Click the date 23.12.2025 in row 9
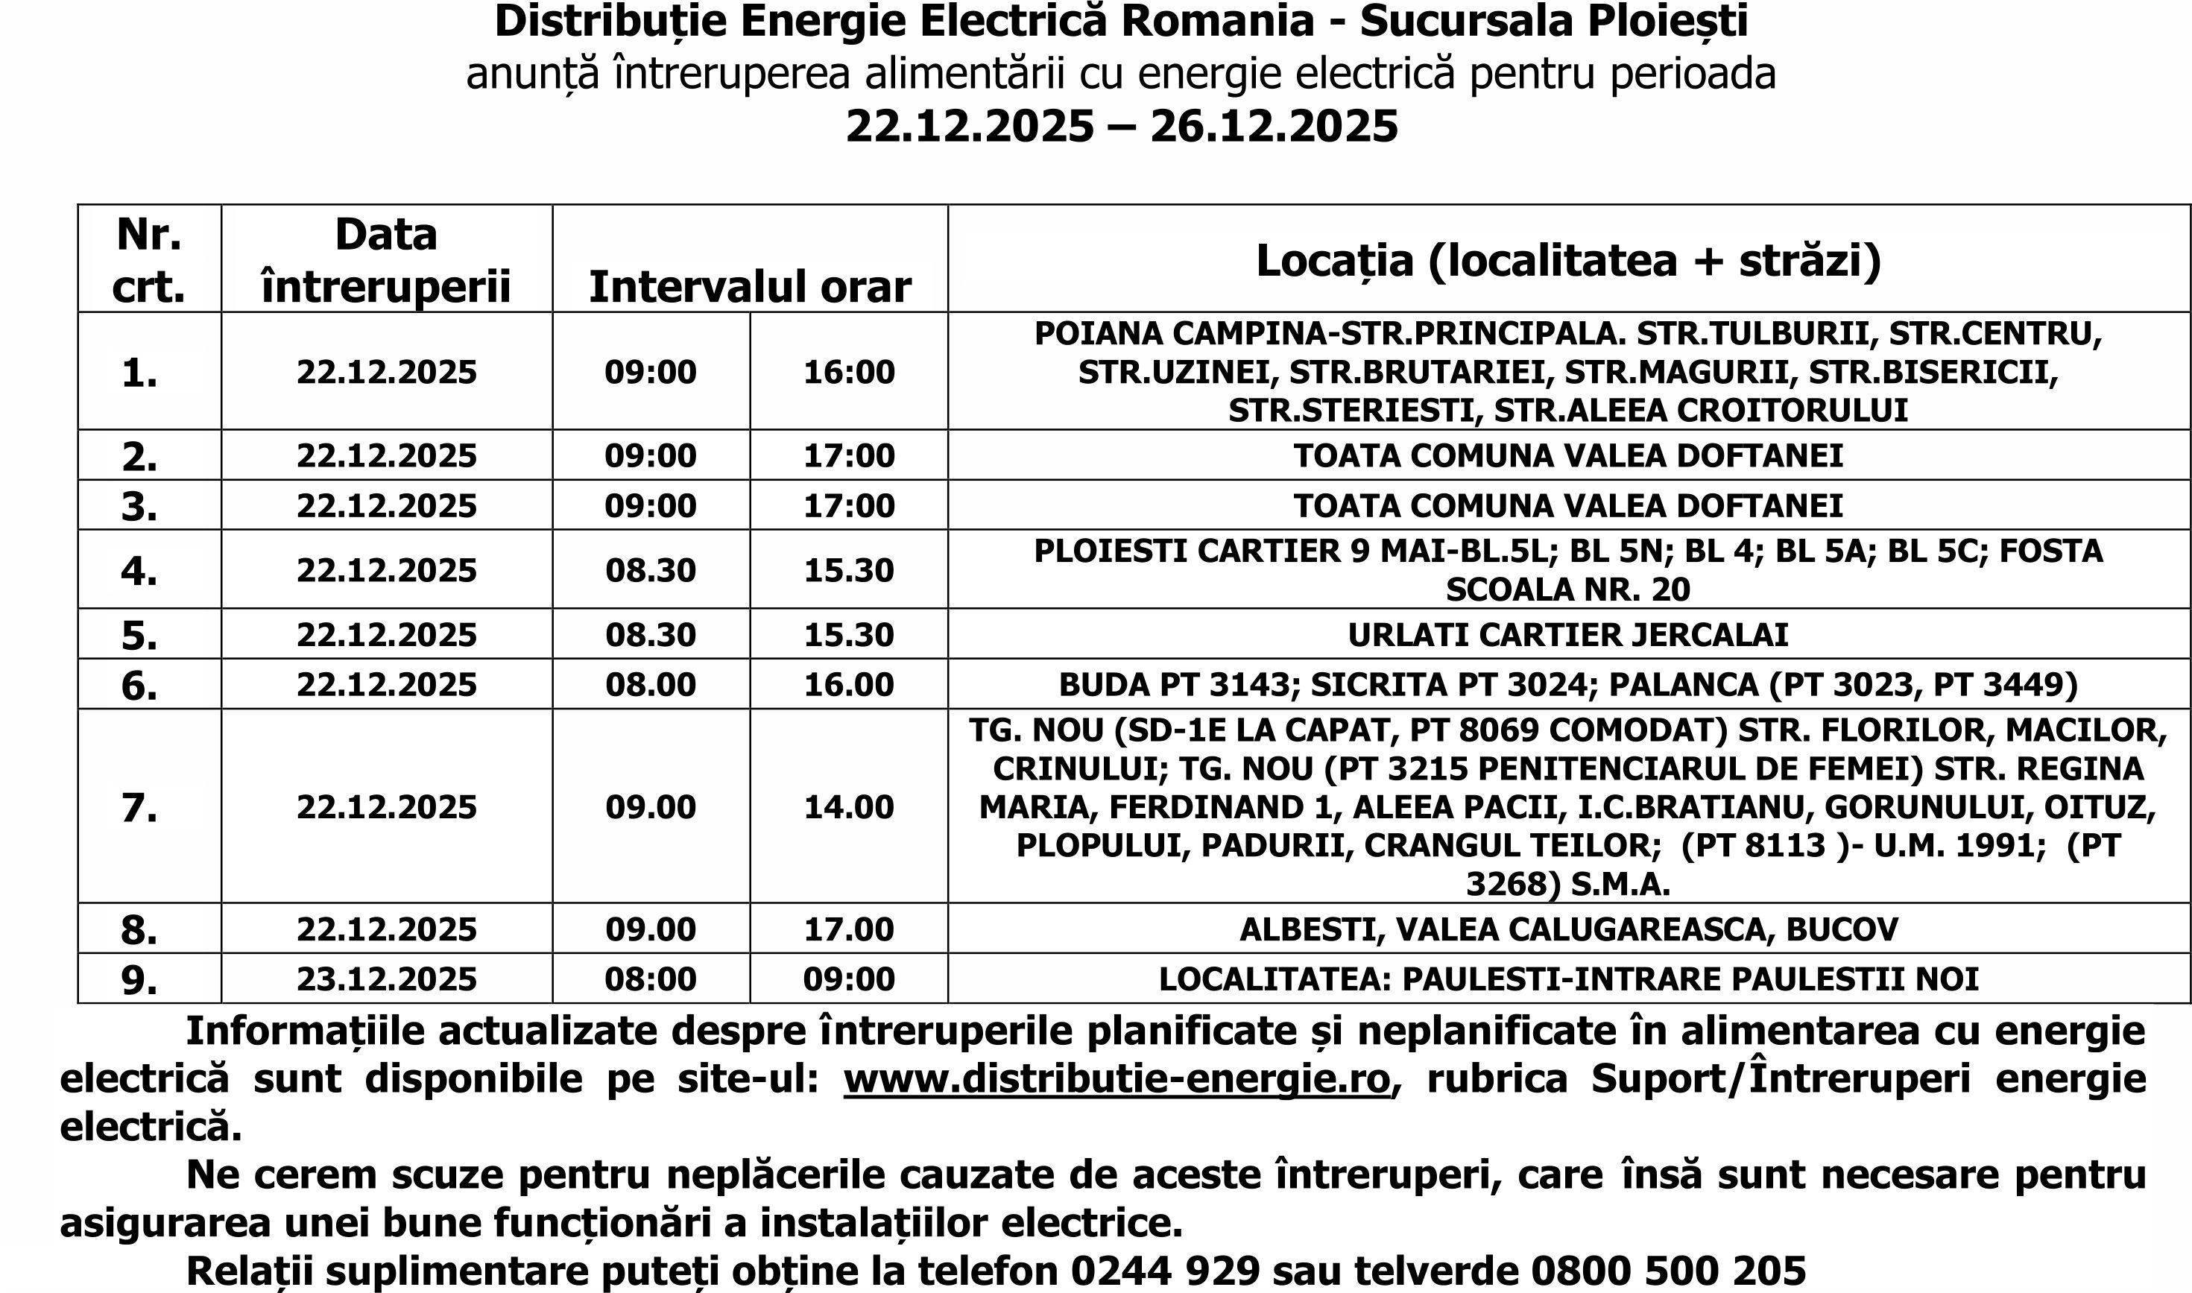(x=386, y=979)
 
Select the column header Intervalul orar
(x=749, y=287)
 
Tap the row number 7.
(x=139, y=808)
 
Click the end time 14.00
(x=849, y=807)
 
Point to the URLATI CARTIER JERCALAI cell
(x=1567, y=634)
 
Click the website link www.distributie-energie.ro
(x=1117, y=1078)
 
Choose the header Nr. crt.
(x=149, y=259)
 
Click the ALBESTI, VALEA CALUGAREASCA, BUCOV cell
(x=1568, y=929)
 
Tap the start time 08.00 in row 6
(x=650, y=684)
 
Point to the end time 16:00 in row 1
(x=849, y=372)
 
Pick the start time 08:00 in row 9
(x=650, y=979)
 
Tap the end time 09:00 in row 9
(x=849, y=979)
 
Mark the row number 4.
(x=139, y=571)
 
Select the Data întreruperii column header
(x=386, y=259)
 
